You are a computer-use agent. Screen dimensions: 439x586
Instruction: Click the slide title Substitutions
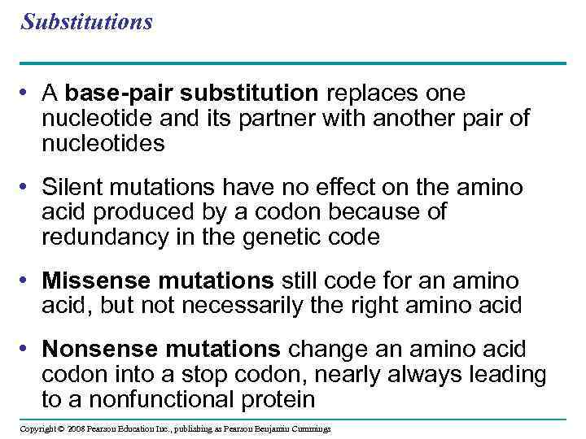point(87,22)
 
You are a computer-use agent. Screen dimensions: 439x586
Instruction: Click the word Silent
point(73,187)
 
